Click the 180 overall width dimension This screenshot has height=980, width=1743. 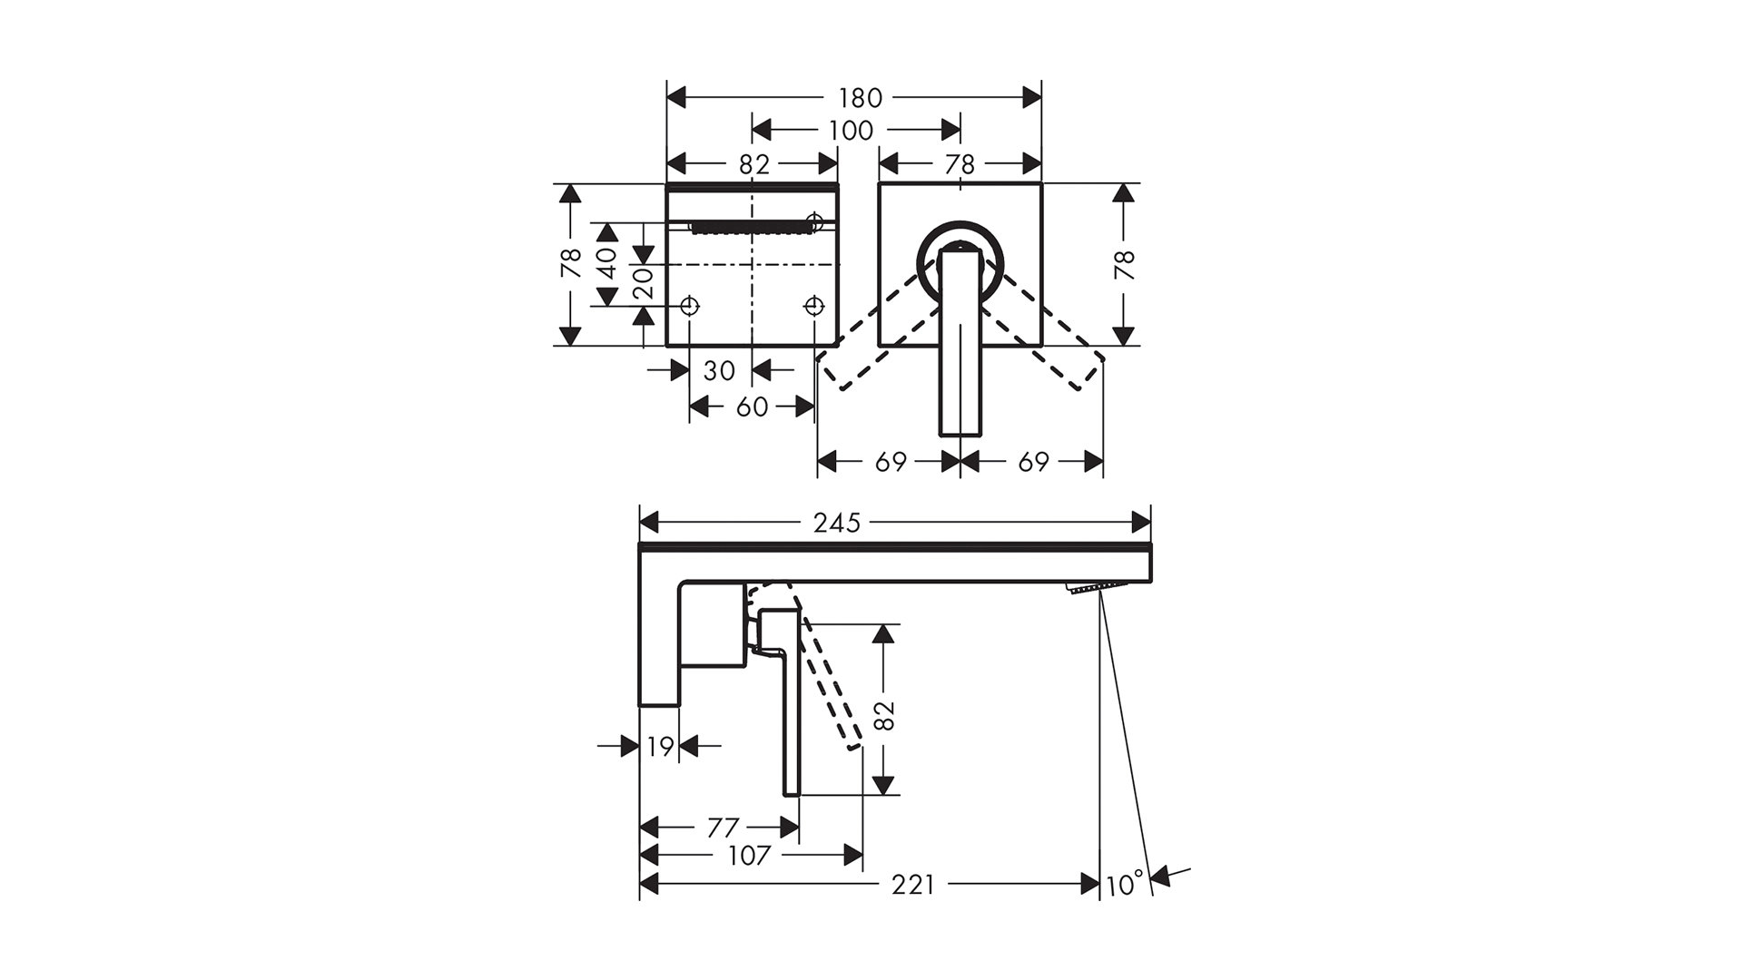tap(860, 97)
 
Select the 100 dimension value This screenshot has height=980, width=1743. tap(851, 131)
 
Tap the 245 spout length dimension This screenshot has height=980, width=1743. tap(836, 524)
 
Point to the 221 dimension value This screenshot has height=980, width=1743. tap(912, 885)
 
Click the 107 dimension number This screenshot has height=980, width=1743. tap(749, 856)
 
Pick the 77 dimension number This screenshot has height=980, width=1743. tap(723, 828)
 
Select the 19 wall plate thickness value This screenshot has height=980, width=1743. tap(661, 747)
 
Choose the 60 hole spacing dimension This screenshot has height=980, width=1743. tap(752, 407)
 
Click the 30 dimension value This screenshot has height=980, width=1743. tap(719, 370)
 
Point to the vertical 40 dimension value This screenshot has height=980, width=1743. tap(607, 263)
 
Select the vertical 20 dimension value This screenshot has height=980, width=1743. tap(644, 283)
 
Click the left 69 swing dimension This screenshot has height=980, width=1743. tap(891, 462)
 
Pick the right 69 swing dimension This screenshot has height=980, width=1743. tap(1033, 462)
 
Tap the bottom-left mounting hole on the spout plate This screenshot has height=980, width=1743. tap(690, 306)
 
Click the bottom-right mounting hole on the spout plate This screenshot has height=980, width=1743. tap(814, 306)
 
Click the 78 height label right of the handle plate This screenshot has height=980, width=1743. tap(1124, 265)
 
